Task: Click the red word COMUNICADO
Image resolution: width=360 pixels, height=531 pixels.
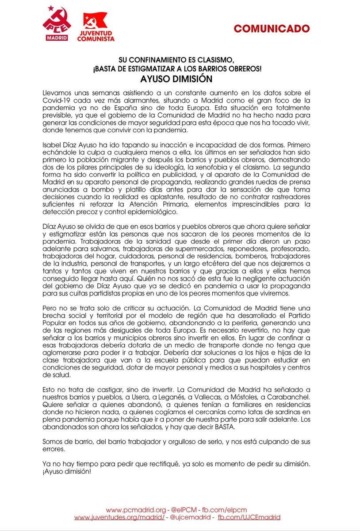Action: coord(272,28)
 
